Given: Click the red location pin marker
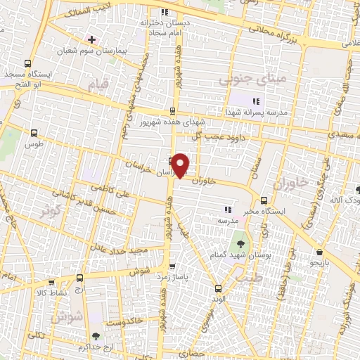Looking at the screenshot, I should [181, 165].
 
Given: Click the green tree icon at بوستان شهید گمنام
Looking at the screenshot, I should [241, 244].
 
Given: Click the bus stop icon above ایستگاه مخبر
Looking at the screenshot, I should [264, 200].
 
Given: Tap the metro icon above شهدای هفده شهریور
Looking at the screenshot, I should [173, 111].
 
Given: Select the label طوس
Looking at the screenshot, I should [34, 143].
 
